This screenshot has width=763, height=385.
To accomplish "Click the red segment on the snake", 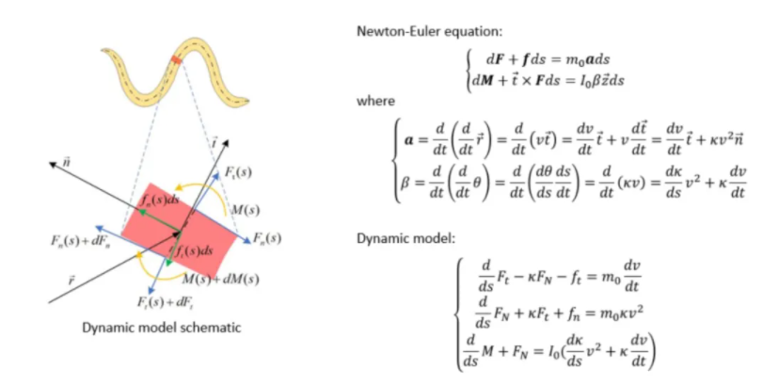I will (175, 62).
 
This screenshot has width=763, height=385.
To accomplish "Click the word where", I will (376, 101).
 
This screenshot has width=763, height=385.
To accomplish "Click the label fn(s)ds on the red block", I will (154, 202).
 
